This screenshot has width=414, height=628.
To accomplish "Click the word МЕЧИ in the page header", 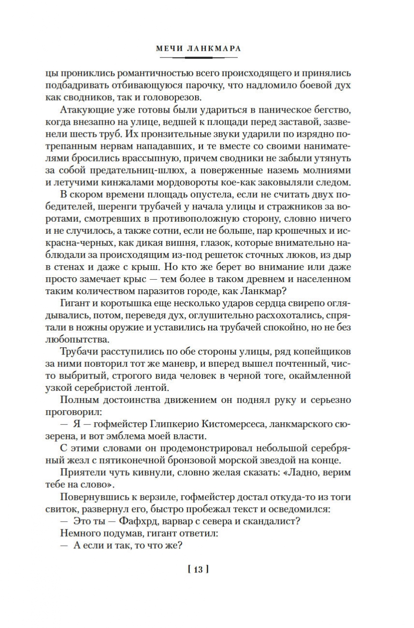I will (170, 48).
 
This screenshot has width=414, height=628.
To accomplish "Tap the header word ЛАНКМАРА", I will (218, 48).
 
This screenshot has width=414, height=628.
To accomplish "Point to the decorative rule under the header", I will (198, 57).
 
